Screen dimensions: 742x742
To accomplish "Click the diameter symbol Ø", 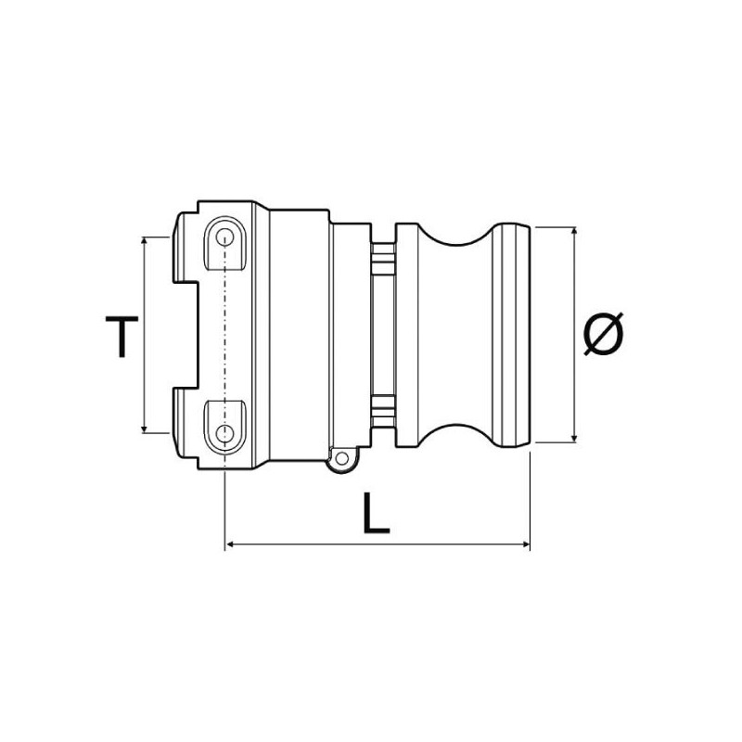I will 604,335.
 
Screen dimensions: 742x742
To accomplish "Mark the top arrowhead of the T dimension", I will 145,240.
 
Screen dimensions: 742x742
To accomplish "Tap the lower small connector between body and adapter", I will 383,409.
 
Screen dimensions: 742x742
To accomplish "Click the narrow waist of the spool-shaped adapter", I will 454,334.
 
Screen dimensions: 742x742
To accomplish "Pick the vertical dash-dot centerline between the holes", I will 225,334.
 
